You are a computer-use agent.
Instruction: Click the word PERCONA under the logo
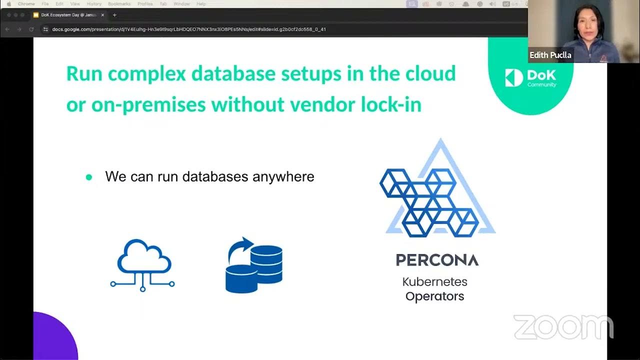click(437, 260)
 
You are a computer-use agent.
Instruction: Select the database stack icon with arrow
click(254, 265)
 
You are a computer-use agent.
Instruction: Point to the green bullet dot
click(89, 177)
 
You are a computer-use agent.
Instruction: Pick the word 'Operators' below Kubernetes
click(434, 296)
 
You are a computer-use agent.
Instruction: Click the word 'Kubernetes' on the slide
click(434, 281)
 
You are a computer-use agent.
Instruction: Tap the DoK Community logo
click(530, 78)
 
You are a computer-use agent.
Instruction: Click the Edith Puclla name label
click(550, 55)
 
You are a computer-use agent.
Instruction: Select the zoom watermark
click(563, 327)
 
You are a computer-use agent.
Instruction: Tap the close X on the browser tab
click(102, 15)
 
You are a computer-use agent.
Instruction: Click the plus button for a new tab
click(114, 15)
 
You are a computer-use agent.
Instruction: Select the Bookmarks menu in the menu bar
click(119, 4)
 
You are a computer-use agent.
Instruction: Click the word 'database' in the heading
click(233, 73)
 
